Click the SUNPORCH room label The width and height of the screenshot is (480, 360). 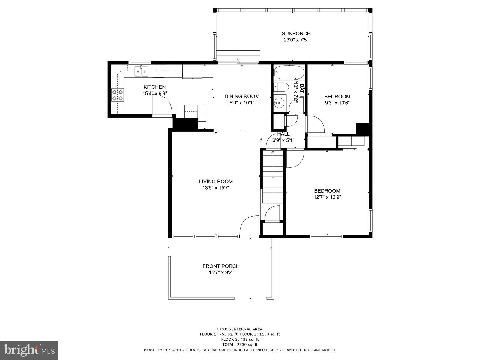click(x=296, y=33)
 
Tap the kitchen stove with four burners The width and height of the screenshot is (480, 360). click(x=118, y=95)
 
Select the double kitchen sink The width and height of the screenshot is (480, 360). click(x=141, y=71)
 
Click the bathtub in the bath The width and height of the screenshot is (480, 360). click(x=289, y=72)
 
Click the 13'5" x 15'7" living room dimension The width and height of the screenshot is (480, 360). click(x=216, y=188)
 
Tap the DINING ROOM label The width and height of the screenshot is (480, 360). click(x=242, y=96)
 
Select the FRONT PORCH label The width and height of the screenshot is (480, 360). click(x=221, y=266)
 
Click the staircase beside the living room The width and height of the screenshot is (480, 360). click(x=273, y=177)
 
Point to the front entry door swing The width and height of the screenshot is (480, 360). click(x=249, y=226)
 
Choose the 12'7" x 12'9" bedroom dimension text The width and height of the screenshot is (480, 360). click(x=327, y=197)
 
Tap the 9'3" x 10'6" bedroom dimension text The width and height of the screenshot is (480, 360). click(x=337, y=103)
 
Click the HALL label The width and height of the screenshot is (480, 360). click(x=283, y=134)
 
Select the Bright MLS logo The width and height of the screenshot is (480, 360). click(x=29, y=350)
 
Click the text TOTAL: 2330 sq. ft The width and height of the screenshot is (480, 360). click(x=240, y=345)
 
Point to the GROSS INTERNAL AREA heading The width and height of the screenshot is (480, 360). click(x=240, y=329)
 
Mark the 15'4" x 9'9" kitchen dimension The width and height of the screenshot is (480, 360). click(x=154, y=94)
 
